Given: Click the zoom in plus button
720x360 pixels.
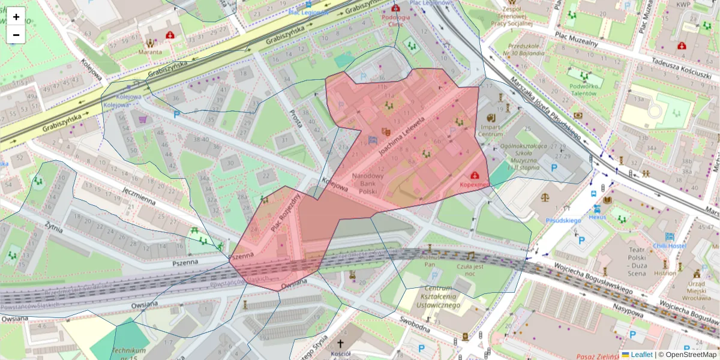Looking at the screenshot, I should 16,17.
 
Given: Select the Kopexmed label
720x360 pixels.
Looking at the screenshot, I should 475,185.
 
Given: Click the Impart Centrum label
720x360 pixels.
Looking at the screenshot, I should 490,130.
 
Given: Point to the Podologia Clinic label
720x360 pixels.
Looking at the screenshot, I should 395,21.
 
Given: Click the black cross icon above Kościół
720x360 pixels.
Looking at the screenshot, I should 341,343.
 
